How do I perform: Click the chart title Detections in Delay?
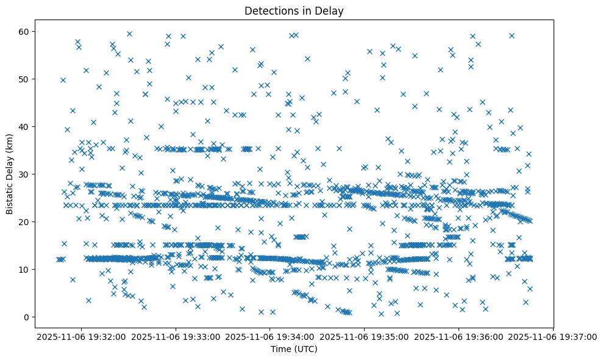[x=294, y=10]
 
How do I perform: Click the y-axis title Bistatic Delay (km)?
[x=10, y=173]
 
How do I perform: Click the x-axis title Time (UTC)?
[x=294, y=350]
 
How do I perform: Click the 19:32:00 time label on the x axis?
[x=81, y=336]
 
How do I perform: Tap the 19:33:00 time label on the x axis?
[x=176, y=336]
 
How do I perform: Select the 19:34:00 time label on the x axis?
[x=270, y=336]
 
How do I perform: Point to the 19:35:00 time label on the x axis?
[x=365, y=336]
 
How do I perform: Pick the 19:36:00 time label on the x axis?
[x=459, y=336]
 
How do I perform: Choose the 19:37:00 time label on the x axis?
[x=554, y=336]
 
